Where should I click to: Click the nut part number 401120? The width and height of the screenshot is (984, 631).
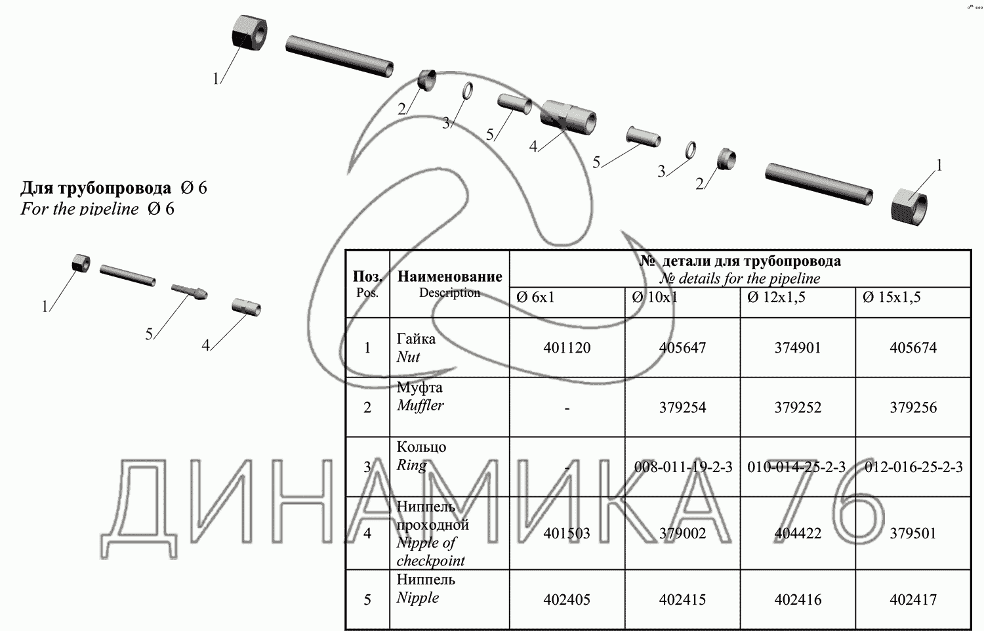(x=567, y=348)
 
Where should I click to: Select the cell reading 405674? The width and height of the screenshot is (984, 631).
(x=913, y=348)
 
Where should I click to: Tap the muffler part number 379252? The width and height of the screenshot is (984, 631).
(x=798, y=408)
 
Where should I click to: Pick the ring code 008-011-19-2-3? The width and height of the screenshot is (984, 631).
(x=683, y=467)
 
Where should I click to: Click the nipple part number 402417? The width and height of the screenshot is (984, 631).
(x=913, y=599)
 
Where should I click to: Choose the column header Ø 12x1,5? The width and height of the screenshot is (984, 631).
(x=776, y=297)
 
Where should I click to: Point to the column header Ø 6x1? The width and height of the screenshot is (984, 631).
(x=535, y=297)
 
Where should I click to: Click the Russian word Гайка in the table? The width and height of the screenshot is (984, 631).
(x=416, y=339)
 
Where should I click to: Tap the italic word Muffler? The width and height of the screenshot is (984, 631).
(x=420, y=405)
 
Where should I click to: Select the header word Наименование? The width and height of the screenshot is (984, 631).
(x=450, y=276)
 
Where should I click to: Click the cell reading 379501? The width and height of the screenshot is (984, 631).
(x=913, y=533)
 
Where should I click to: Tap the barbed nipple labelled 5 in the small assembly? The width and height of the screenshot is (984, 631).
(x=190, y=292)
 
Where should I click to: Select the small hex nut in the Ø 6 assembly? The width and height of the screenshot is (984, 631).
(x=81, y=263)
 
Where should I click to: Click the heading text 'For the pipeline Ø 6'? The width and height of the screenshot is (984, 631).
(x=97, y=208)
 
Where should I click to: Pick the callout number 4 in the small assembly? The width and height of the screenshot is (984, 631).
(x=205, y=345)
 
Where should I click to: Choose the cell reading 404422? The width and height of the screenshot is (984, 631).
(x=798, y=533)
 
